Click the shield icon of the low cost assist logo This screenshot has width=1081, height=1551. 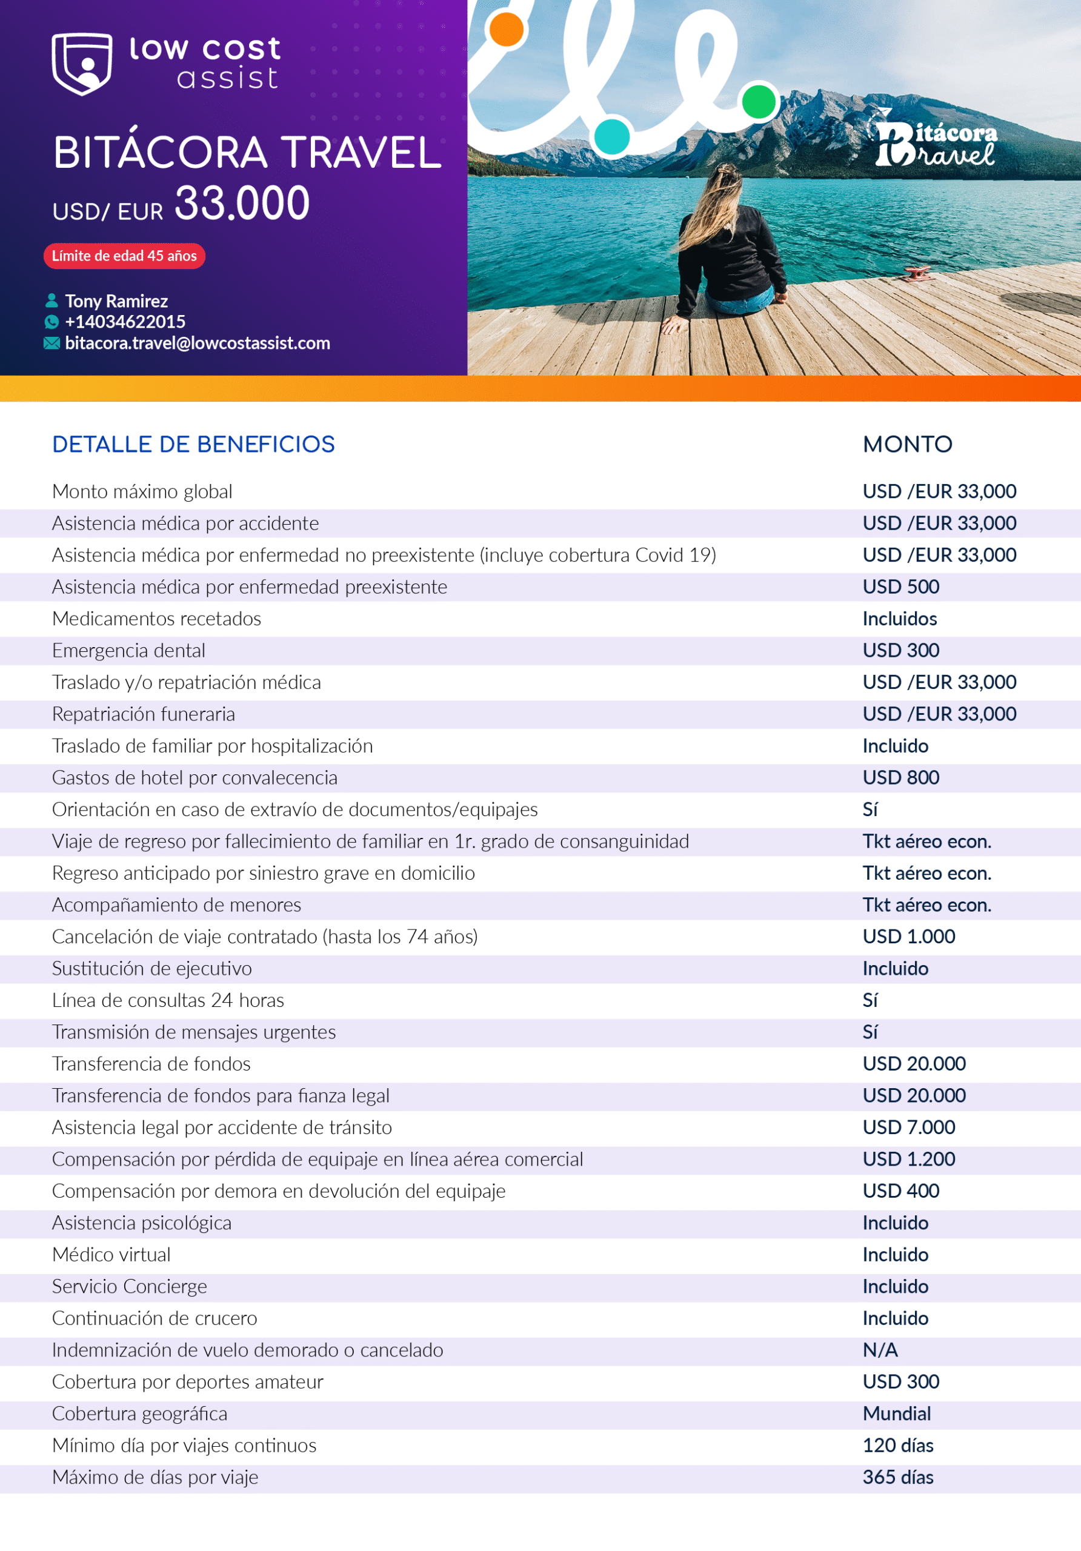click(82, 64)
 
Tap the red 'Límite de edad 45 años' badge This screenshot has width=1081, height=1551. click(124, 256)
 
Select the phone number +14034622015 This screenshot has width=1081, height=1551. click(125, 322)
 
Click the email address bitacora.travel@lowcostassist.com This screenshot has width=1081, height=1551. click(198, 343)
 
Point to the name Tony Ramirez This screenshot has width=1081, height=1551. click(116, 301)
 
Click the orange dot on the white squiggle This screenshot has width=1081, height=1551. click(506, 29)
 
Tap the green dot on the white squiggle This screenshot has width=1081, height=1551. click(759, 102)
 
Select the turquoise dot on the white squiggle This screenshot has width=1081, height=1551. click(612, 136)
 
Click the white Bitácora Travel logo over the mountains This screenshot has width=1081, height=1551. click(936, 142)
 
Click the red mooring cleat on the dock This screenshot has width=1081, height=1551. click(917, 273)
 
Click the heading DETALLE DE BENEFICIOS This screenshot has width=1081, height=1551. click(193, 445)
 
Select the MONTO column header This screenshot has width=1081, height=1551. click(907, 445)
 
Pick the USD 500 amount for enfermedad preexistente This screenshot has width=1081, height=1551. click(900, 587)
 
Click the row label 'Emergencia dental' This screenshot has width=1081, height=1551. click(128, 651)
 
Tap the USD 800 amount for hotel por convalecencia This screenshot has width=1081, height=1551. click(900, 777)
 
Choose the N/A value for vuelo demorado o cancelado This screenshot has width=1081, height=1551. click(880, 1350)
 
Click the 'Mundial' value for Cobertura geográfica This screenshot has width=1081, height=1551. click(897, 1413)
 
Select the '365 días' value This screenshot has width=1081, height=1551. click(898, 1477)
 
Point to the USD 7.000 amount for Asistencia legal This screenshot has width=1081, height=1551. click(909, 1128)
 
